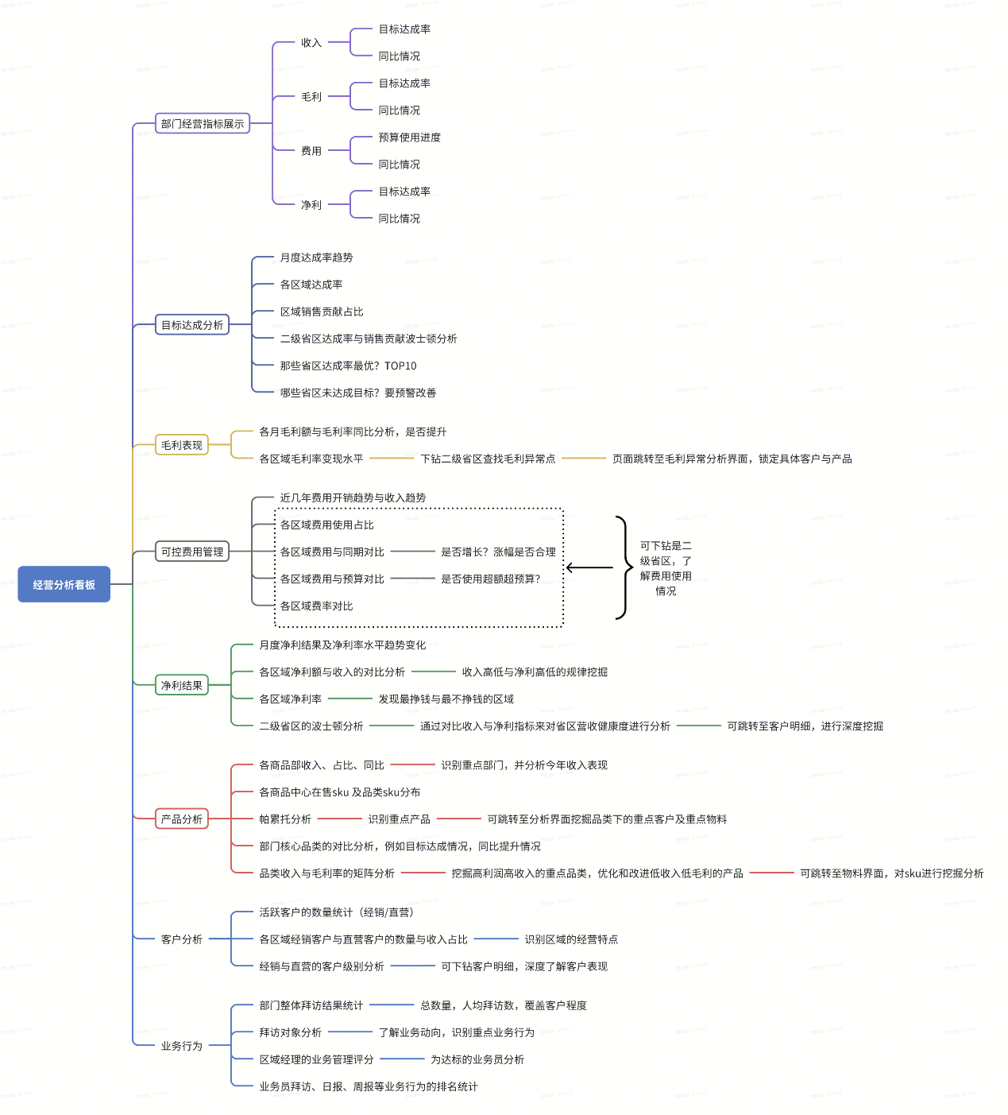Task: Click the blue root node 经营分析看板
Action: coord(64,584)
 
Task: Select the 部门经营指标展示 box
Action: coord(203,123)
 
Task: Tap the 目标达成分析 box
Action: coord(192,324)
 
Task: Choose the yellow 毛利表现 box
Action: coord(182,445)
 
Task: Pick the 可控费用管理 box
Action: coord(192,552)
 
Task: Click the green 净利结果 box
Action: coord(182,685)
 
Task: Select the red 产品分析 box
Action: coord(182,819)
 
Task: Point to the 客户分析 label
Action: coord(182,939)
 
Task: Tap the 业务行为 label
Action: coord(182,1046)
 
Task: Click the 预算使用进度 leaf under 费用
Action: coord(409,137)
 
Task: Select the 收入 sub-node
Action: coord(311,43)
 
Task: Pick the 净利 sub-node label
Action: coord(311,205)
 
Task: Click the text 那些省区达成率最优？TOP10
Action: coord(348,366)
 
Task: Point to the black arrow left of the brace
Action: coord(589,567)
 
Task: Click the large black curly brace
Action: coord(622,567)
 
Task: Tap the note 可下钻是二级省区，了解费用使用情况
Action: coord(666,568)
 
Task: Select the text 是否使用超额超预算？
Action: coord(491,579)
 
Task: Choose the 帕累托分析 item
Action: coord(285,819)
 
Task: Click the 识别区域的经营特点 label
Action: coord(571,939)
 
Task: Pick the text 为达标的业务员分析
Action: coord(477,1059)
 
